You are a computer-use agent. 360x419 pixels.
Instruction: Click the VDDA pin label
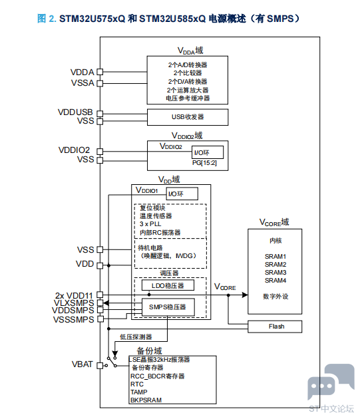tap(82, 72)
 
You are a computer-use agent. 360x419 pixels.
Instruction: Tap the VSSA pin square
tap(100, 84)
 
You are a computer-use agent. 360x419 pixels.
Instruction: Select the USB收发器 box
tap(188, 117)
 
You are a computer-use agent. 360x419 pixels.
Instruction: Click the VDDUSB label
tap(75, 112)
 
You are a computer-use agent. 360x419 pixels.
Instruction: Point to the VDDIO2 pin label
tap(74, 150)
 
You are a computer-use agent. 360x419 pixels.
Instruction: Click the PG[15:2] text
tap(204, 163)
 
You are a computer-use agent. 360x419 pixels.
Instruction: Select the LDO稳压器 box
tap(168, 285)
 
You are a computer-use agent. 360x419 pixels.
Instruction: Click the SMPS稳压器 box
tap(168, 307)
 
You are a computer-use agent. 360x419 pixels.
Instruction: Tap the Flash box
tap(275, 327)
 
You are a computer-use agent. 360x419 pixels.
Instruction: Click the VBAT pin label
tap(82, 364)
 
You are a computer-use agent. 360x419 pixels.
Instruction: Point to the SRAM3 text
tap(275, 272)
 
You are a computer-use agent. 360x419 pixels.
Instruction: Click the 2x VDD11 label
tap(74, 295)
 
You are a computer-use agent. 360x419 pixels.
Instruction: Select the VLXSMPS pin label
tap(74, 303)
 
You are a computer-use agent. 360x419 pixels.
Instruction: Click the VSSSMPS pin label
tap(74, 320)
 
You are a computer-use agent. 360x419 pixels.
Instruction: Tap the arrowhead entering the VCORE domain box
tap(245, 295)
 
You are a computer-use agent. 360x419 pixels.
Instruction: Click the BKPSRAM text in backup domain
tap(146, 400)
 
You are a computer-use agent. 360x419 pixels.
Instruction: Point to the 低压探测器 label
tap(136, 337)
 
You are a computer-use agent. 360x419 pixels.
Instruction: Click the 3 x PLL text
tap(150, 224)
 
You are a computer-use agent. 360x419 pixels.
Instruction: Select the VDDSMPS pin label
tap(73, 310)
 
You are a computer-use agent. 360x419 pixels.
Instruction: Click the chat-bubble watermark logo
tap(331, 381)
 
